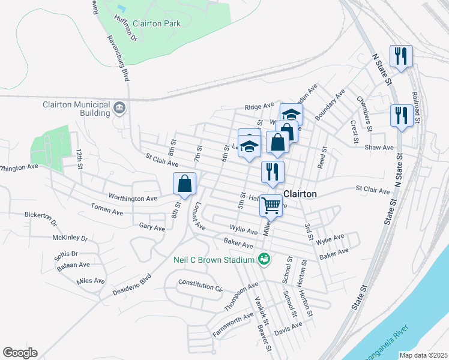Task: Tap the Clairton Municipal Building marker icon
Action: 119,109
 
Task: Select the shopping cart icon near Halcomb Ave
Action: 271,205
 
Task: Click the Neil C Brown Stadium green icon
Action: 263,260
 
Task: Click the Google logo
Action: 20,353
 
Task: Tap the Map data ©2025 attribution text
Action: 423,355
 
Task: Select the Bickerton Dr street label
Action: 40,218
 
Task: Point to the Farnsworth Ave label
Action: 233,325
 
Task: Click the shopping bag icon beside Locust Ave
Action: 185,184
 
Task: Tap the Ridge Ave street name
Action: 259,106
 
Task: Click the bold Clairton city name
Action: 300,194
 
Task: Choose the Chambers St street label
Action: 365,106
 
